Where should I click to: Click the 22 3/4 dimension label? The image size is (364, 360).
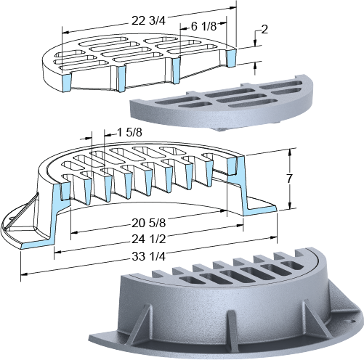pyautogui.click(x=148, y=21)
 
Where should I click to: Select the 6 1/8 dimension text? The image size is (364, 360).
pyautogui.click(x=203, y=26)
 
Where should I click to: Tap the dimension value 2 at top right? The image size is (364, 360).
pyautogui.click(x=264, y=29)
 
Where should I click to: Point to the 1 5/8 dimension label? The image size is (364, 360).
pyautogui.click(x=129, y=132)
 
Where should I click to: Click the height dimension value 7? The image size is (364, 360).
pyautogui.click(x=289, y=179)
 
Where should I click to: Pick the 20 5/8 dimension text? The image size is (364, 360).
pyautogui.click(x=149, y=223)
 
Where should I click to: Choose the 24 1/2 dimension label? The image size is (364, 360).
pyautogui.click(x=149, y=239)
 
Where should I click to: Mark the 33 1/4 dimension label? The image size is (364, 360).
pyautogui.click(x=149, y=256)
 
